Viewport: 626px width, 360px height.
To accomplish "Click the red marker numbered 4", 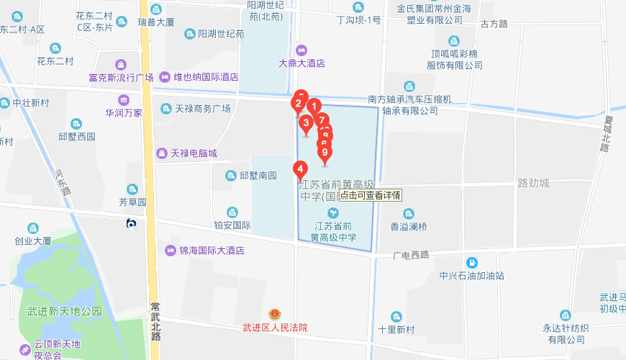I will (x=300, y=170).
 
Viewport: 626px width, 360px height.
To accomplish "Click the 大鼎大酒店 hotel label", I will (x=301, y=63).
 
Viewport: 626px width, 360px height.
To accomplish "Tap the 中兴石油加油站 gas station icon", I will (x=472, y=262).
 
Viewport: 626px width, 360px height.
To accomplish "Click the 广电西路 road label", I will (x=411, y=255).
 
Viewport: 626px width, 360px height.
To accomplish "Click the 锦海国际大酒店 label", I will (x=212, y=251).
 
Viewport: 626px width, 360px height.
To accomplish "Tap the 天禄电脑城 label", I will (x=194, y=153).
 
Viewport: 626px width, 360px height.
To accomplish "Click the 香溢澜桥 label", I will (x=409, y=226).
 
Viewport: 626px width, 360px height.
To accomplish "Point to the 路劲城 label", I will (x=533, y=183).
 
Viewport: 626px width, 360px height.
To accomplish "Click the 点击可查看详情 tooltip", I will (x=370, y=194).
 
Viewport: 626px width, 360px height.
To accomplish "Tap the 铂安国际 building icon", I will (x=232, y=212).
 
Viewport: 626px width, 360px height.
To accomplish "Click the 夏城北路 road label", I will (x=605, y=132).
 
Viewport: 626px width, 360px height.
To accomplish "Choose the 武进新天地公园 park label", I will (x=65, y=312).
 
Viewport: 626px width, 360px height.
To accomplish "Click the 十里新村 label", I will (x=396, y=329).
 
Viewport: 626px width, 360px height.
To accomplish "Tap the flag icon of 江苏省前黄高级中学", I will (x=332, y=213).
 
